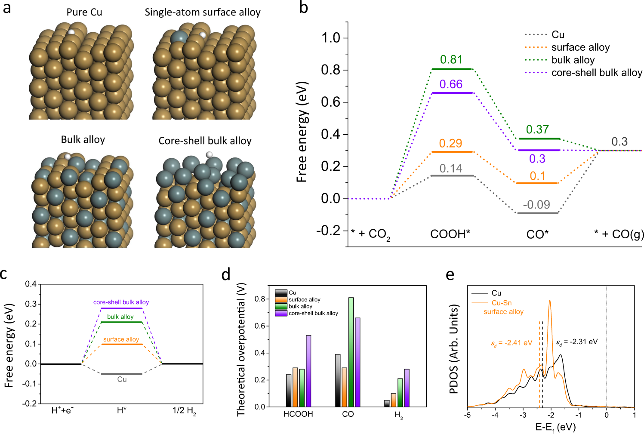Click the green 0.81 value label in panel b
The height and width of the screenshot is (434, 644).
pyautogui.click(x=451, y=59)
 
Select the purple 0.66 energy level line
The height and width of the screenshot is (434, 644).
pyautogui.click(x=452, y=93)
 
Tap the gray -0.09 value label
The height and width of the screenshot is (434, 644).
pyautogui.click(x=536, y=204)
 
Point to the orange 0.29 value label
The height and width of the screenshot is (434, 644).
pyautogui.click(x=450, y=143)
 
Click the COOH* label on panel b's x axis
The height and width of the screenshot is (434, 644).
pyautogui.click(x=450, y=234)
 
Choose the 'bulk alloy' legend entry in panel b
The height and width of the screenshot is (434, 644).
pyautogui.click(x=573, y=60)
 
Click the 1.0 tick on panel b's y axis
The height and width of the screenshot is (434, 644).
pyautogui.click(x=331, y=38)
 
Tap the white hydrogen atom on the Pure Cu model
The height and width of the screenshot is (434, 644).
pyautogui.click(x=71, y=32)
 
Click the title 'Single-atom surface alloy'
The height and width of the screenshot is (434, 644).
pyautogui.click(x=203, y=12)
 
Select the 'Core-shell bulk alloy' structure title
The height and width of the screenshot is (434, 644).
pyautogui.click(x=205, y=141)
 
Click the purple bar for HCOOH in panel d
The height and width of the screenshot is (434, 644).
pyautogui.click(x=308, y=371)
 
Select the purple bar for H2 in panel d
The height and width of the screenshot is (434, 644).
pyautogui.click(x=407, y=388)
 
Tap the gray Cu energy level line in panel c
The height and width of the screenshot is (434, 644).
pyautogui.click(x=121, y=374)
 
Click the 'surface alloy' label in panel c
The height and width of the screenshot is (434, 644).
pyautogui.click(x=121, y=339)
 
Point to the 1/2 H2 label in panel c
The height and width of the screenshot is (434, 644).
pyautogui.click(x=184, y=411)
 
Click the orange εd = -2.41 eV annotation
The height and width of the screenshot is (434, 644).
pyautogui.click(x=512, y=343)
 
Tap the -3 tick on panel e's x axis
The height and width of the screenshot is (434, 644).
pyautogui.click(x=523, y=416)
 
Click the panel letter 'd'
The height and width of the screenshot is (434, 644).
pyautogui.click(x=226, y=274)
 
